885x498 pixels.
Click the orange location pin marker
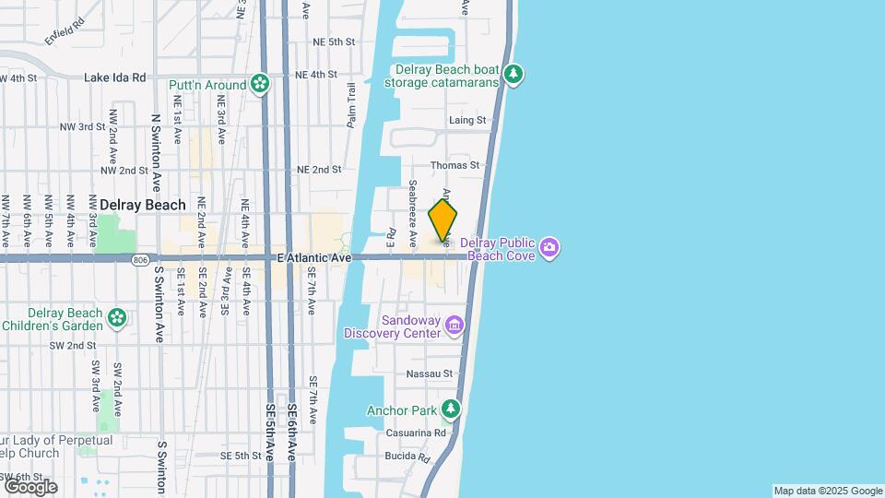(x=442, y=221)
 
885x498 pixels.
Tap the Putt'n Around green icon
(x=261, y=85)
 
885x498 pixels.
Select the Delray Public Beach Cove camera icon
(x=550, y=246)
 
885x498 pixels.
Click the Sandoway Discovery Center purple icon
(x=454, y=325)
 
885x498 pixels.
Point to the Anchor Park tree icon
(x=451, y=409)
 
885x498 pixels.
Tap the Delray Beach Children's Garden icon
(x=117, y=318)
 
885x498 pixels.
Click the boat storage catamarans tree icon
(x=513, y=75)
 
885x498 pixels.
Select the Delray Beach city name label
(x=142, y=205)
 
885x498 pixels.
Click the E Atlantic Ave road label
(x=314, y=260)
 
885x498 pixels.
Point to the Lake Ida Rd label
(x=115, y=77)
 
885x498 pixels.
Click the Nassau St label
(x=430, y=374)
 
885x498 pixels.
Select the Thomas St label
(x=463, y=165)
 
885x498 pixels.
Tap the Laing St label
(x=466, y=120)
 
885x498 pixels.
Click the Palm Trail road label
(x=351, y=105)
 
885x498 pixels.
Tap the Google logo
(x=29, y=487)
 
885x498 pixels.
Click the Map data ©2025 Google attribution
(x=828, y=491)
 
